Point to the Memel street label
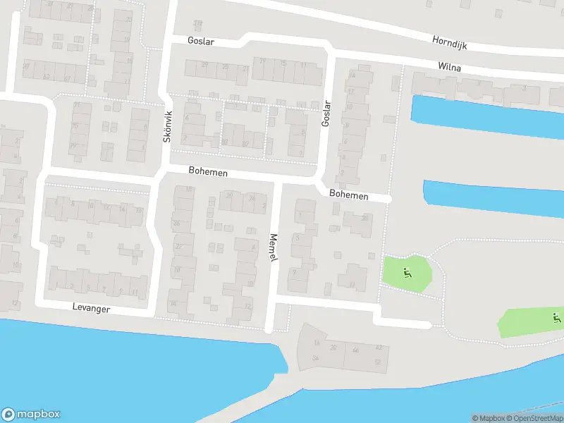coord(274,249)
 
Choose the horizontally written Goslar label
coord(201,42)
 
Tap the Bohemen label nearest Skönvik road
coord(208,171)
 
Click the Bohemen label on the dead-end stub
coord(349,195)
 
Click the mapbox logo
coord(31,415)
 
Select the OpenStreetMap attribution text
coord(533,418)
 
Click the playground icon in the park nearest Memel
coord(407,273)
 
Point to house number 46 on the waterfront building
coord(355,350)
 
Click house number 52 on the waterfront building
coord(378,362)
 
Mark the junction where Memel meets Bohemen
coord(277,181)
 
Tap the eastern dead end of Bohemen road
coord(388,200)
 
